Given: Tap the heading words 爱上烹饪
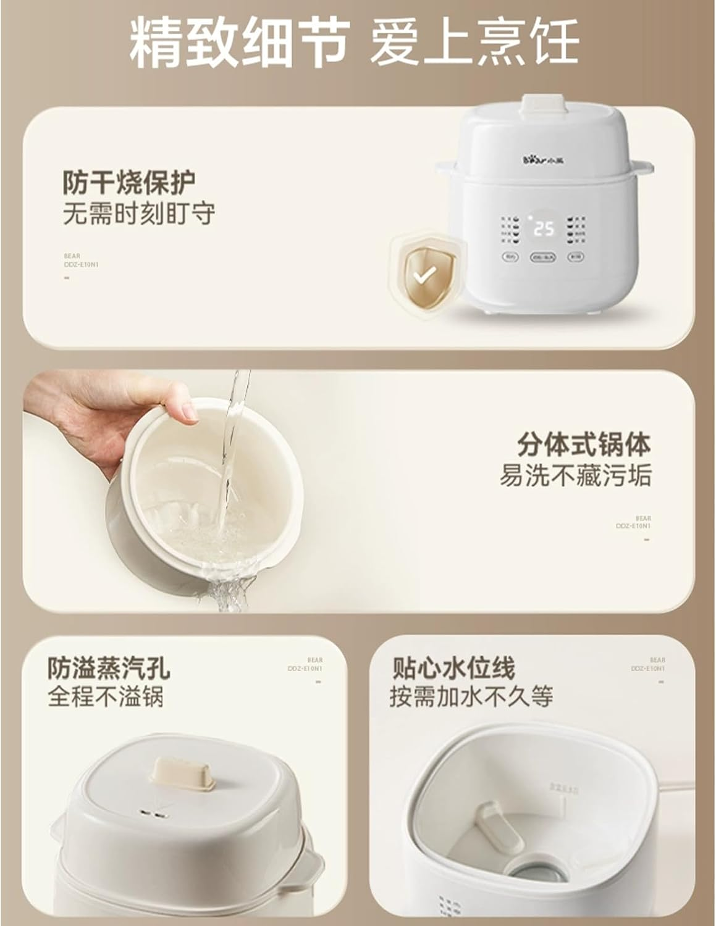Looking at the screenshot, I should pyautogui.click(x=474, y=41).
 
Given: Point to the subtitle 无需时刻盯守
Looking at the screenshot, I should pyautogui.click(x=139, y=214).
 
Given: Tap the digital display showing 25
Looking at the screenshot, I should pyautogui.click(x=544, y=230).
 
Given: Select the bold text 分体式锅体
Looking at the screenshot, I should pyautogui.click(x=584, y=444).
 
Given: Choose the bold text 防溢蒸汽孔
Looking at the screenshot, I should pyautogui.click(x=109, y=667).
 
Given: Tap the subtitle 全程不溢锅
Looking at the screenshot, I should pyautogui.click(x=106, y=697).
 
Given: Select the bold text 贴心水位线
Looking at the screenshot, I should pyautogui.click(x=453, y=667).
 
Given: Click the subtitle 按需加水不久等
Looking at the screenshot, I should pyautogui.click(x=471, y=697).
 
